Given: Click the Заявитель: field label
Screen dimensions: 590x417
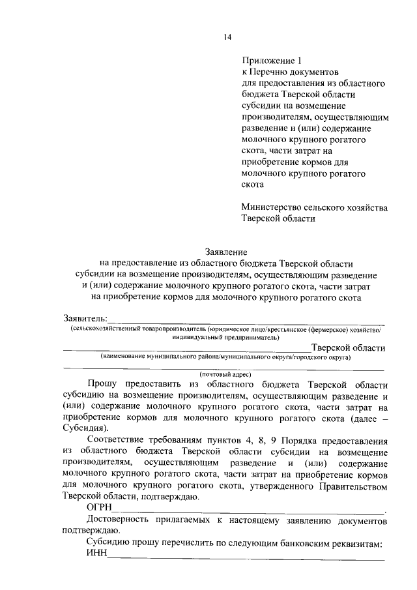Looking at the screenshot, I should (x=85, y=318).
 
